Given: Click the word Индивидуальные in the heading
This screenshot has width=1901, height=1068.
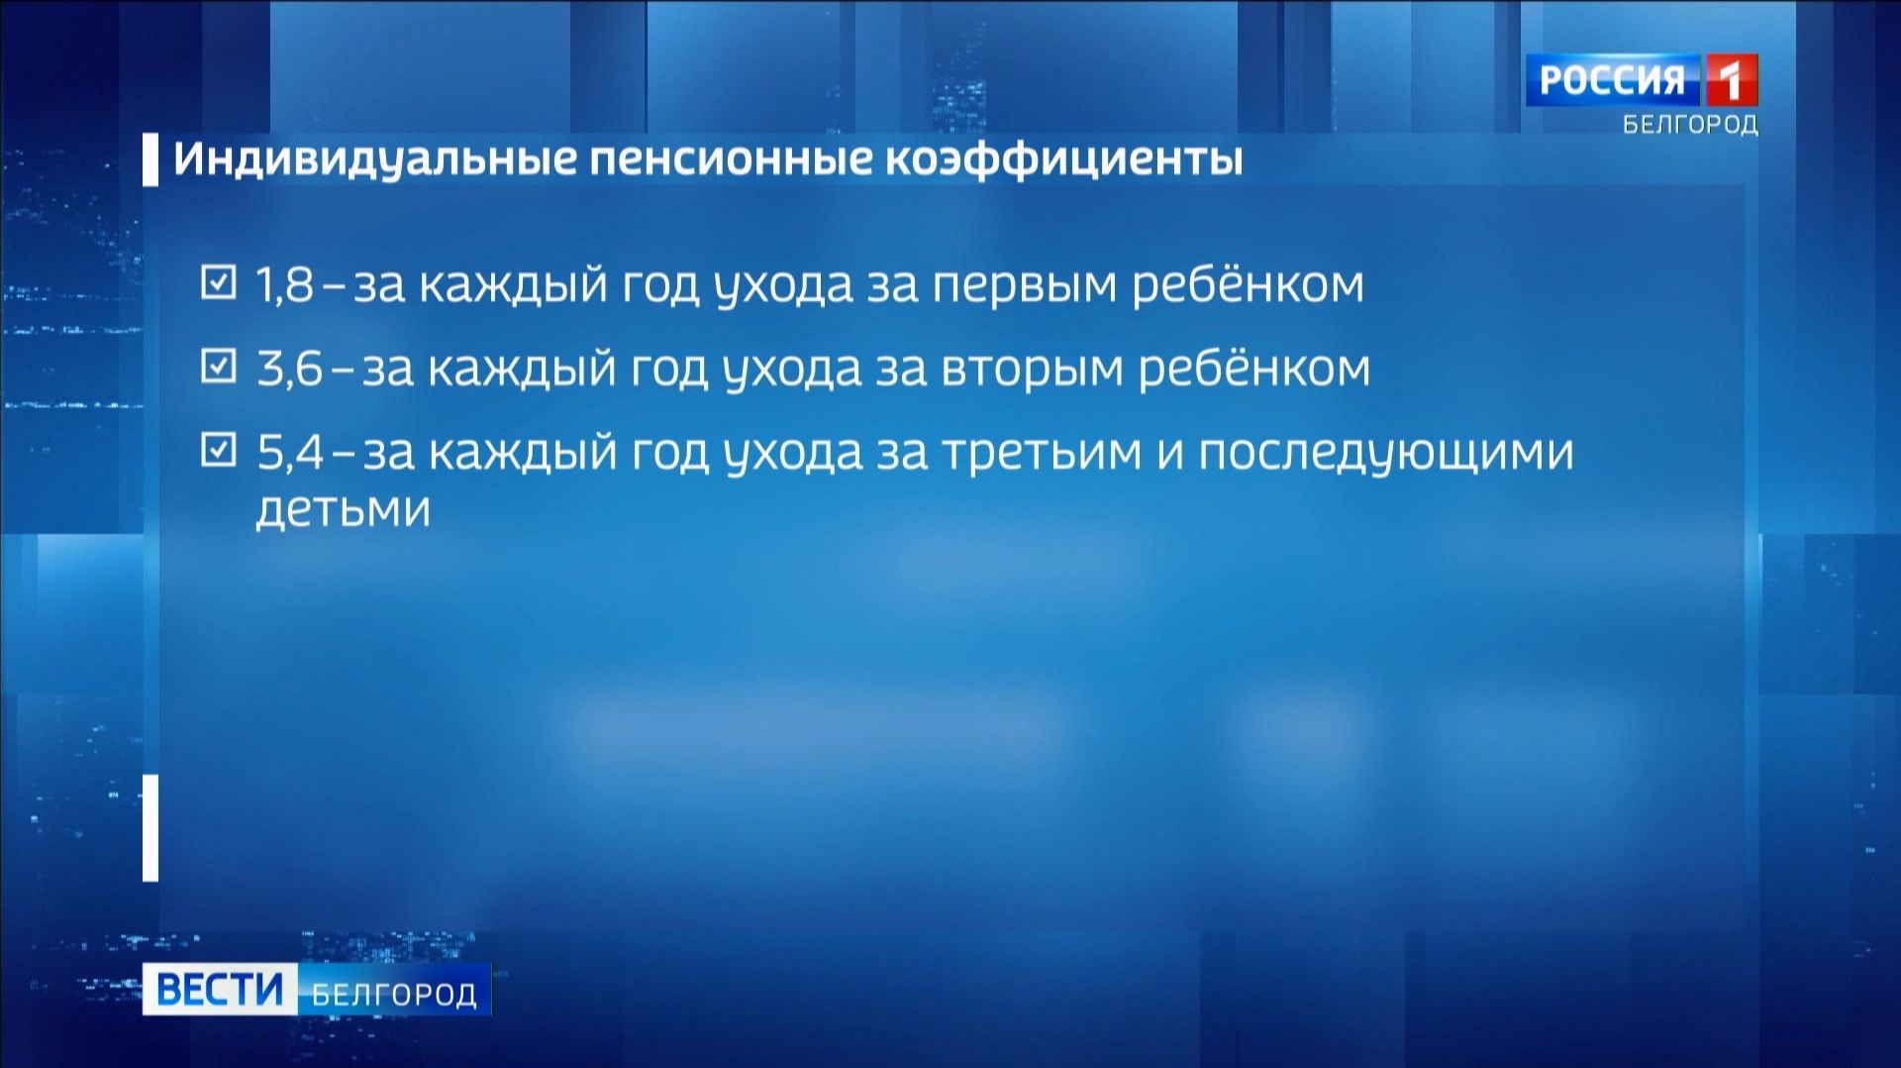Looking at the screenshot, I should (x=374, y=160).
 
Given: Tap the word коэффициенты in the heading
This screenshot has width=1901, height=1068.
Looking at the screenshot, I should (x=1062, y=160).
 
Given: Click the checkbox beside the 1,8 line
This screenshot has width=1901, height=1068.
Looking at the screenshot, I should (x=218, y=283).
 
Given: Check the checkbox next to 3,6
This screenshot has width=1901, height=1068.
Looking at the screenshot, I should (x=218, y=368).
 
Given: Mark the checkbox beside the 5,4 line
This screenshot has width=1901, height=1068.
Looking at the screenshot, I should (x=218, y=452).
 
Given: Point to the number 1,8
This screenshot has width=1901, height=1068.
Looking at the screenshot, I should (x=285, y=285).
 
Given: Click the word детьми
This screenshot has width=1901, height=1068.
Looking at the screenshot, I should (x=343, y=509).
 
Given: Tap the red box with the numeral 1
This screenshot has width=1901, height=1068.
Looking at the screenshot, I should (x=1730, y=80).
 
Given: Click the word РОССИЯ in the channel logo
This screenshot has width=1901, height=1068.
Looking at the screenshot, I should (x=1612, y=80).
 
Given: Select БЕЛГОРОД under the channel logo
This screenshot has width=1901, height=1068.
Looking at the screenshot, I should (x=1689, y=125).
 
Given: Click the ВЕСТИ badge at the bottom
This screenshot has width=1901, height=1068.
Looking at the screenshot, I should (x=220, y=990).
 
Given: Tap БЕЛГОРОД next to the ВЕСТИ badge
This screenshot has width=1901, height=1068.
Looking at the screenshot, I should (x=394, y=994).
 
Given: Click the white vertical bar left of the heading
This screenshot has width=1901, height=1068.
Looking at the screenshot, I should (x=150, y=160).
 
